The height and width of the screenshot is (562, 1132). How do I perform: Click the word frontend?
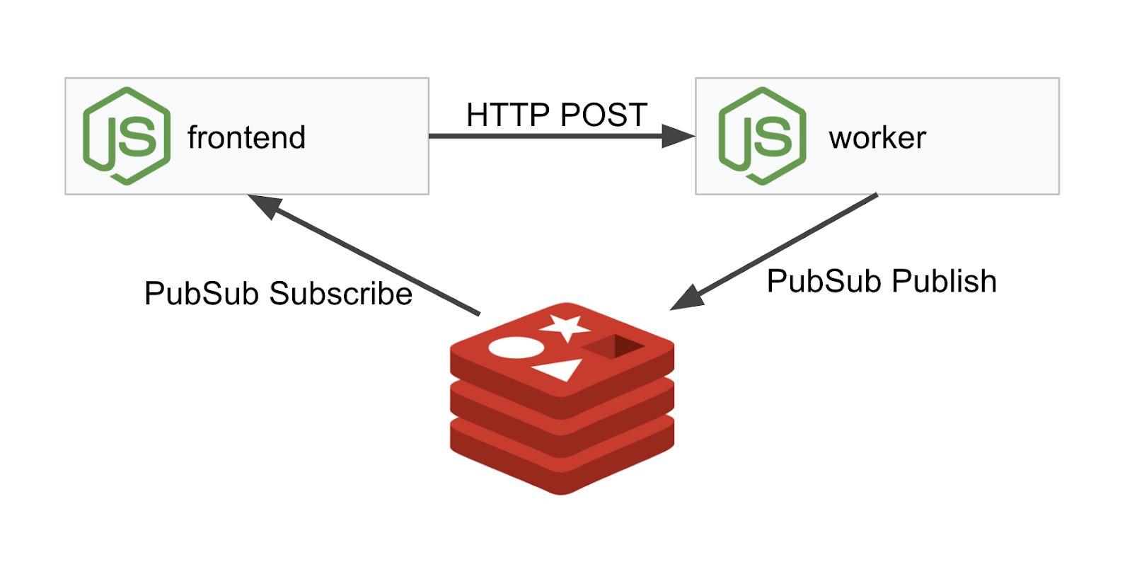pos(246,137)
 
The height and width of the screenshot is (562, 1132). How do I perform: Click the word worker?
pos(877,138)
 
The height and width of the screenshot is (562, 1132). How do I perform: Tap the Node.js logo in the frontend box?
pos(127,136)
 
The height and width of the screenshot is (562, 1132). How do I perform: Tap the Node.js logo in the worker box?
pos(762,136)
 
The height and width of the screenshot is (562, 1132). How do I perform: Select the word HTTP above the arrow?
pos(508,115)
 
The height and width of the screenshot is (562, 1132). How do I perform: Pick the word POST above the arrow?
pos(603,115)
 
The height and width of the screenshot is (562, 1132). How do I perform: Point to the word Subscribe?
pos(340,294)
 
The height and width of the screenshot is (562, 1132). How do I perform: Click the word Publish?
pos(944,281)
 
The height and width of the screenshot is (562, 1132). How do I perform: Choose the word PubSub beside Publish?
pos(824,281)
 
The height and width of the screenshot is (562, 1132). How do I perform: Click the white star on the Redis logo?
pos(566,326)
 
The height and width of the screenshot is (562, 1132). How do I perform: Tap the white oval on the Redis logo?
pos(516,348)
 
